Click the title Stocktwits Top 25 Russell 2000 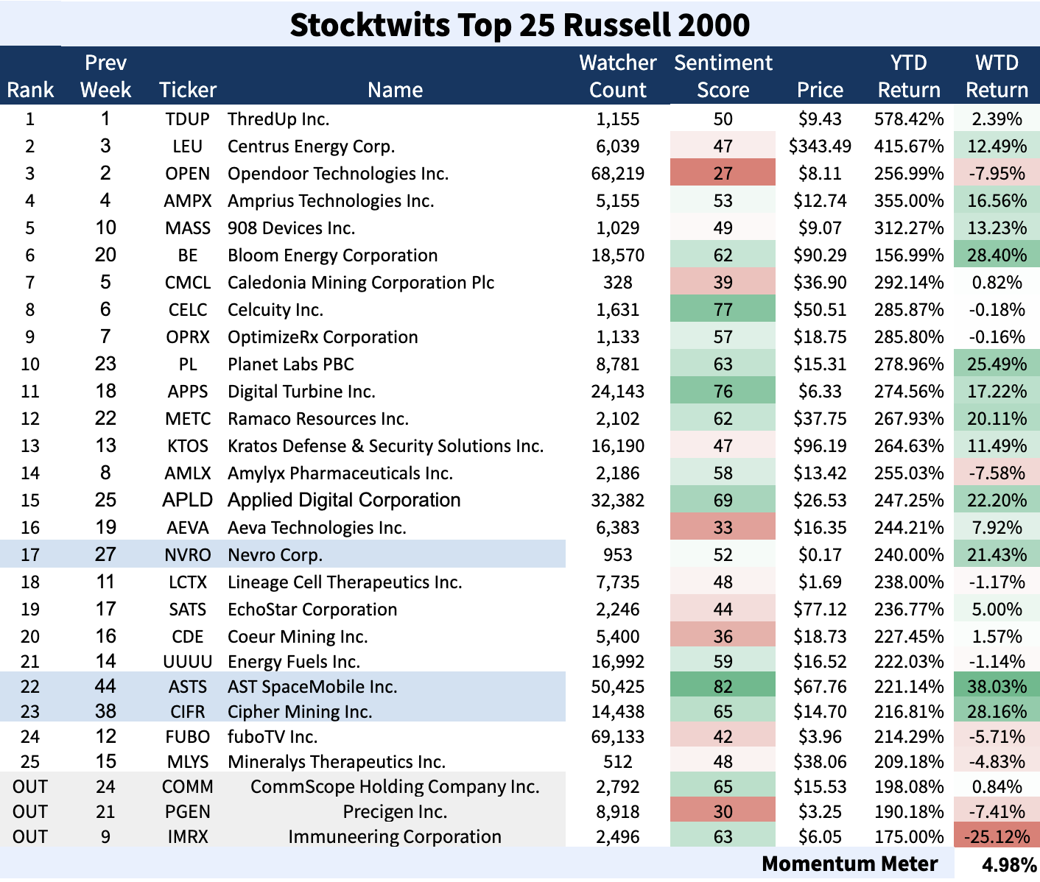(x=519, y=24)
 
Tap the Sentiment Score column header (x=723, y=76)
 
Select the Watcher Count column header (x=617, y=76)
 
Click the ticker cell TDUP (x=187, y=119)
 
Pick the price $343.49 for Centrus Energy (x=820, y=147)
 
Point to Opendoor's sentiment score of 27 (x=723, y=174)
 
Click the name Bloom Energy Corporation (x=332, y=255)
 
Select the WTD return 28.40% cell (x=997, y=255)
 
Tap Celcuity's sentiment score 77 (x=723, y=310)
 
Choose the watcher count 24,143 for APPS (x=617, y=392)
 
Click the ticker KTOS (x=187, y=446)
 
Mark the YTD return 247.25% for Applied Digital (x=909, y=501)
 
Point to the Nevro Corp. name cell (x=275, y=555)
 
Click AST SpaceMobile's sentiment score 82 (x=723, y=687)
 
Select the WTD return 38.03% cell (x=997, y=687)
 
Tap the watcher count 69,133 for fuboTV (x=617, y=737)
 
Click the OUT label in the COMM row (x=29, y=787)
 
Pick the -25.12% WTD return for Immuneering (x=997, y=837)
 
